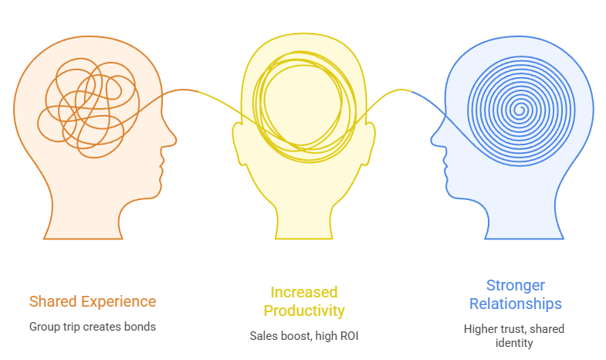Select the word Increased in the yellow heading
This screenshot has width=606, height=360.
(x=304, y=292)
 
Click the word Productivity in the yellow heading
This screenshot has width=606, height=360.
(x=304, y=311)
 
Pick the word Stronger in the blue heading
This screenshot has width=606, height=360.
(x=516, y=286)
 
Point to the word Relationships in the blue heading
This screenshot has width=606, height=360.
(x=516, y=304)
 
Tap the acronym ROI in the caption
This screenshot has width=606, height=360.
(x=349, y=336)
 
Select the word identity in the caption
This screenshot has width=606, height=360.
(x=514, y=343)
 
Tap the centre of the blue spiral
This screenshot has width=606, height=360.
(x=520, y=110)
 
